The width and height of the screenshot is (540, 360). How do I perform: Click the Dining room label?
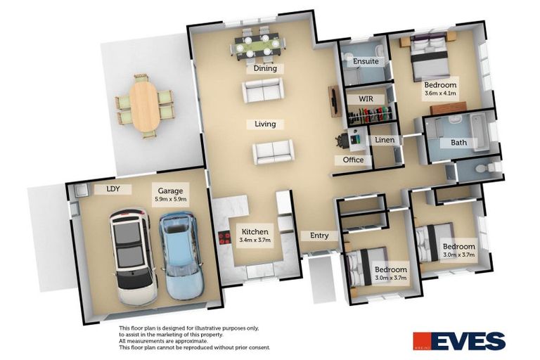click(264, 69)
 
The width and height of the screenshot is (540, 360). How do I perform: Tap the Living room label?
click(264, 124)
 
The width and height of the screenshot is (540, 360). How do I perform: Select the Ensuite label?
click(366, 61)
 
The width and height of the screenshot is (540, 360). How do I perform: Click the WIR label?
click(365, 99)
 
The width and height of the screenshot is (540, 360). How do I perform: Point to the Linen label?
click(385, 141)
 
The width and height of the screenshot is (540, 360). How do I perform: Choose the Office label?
click(353, 160)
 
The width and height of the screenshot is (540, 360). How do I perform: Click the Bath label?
click(458, 143)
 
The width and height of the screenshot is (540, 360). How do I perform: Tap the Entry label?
click(314, 236)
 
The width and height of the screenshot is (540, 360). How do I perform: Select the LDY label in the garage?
click(113, 189)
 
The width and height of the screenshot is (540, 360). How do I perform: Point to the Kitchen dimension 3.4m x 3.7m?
click(256, 240)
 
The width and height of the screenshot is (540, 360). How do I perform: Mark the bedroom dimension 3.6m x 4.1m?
click(440, 93)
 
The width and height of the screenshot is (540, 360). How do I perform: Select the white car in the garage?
click(132, 257)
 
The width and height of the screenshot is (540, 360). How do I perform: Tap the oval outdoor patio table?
click(145, 106)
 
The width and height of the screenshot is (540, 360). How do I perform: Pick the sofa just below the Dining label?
click(262, 91)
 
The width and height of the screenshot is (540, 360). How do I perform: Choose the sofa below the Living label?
click(273, 151)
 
